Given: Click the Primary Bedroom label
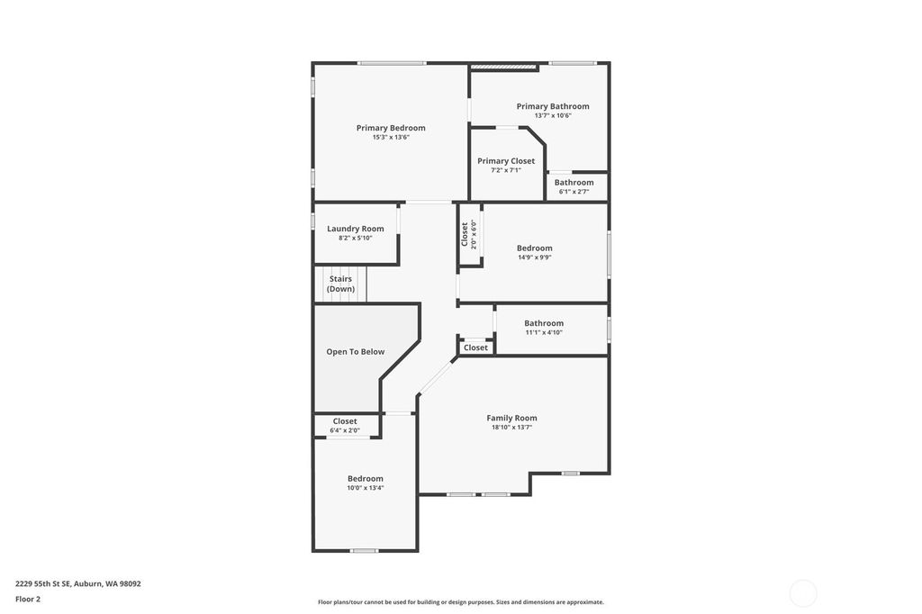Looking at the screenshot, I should point(391,128).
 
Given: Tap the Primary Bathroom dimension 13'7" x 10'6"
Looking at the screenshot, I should point(553,115).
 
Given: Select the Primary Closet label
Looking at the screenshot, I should point(506,161).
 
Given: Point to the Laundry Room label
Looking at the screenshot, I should point(355,229).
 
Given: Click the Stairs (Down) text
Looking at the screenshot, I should point(340,284).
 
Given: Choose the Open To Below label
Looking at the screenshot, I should point(355,352).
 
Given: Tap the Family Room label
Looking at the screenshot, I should point(511,418).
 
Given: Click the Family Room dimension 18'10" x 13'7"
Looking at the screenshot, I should point(511,428).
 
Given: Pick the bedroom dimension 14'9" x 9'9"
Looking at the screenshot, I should point(535,257).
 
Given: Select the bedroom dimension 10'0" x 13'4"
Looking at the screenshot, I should point(366,488).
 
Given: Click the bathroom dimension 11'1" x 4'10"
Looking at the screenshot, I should point(544,332).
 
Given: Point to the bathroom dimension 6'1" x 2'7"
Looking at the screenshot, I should point(574,191).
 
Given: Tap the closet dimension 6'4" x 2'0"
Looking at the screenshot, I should point(345,430).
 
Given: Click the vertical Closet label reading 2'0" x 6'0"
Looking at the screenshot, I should point(465,234).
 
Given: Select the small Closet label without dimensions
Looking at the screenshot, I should point(475,348).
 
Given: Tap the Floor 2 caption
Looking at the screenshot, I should point(28,599).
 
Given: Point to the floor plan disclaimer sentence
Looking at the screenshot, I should point(460,602).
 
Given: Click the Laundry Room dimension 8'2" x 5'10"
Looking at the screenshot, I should point(355,238).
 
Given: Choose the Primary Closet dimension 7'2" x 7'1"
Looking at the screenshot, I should point(506,170).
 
